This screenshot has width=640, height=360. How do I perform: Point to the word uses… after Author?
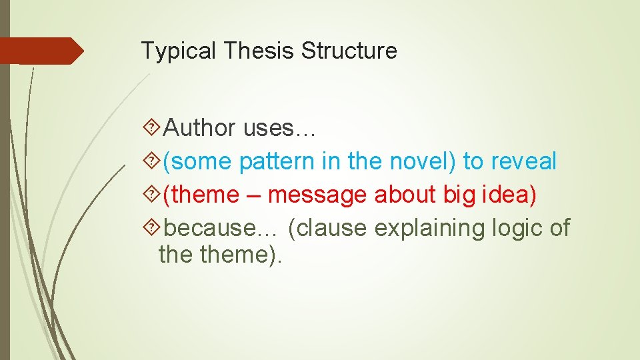pyautogui.click(x=279, y=128)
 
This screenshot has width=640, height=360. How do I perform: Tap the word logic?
pyautogui.click(x=519, y=228)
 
